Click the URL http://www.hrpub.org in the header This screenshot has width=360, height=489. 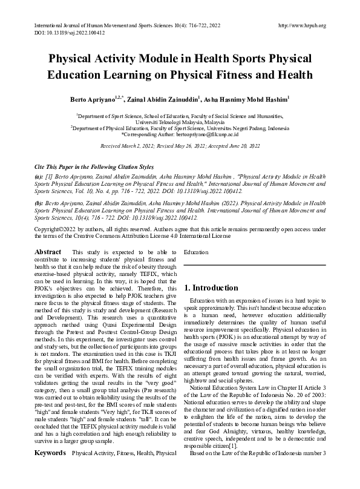301,25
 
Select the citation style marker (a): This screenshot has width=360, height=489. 39,176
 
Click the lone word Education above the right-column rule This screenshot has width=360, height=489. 196,251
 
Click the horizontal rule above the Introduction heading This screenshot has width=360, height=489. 254,265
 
